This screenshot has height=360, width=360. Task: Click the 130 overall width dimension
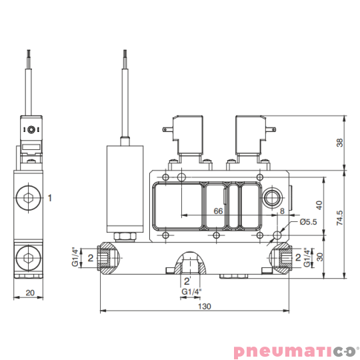click(x=205, y=306)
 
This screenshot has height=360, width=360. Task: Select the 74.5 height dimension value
click(x=339, y=217)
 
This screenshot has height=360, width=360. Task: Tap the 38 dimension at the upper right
click(x=340, y=143)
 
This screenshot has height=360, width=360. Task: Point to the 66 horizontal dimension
click(x=218, y=211)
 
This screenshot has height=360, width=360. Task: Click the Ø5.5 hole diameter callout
click(x=308, y=222)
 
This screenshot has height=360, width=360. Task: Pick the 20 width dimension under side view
click(x=30, y=293)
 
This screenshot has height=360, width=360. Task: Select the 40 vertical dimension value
click(x=319, y=205)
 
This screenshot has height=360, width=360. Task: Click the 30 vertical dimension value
click(x=319, y=257)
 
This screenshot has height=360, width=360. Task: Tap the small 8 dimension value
click(x=282, y=211)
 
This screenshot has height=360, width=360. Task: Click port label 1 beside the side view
click(x=49, y=198)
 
